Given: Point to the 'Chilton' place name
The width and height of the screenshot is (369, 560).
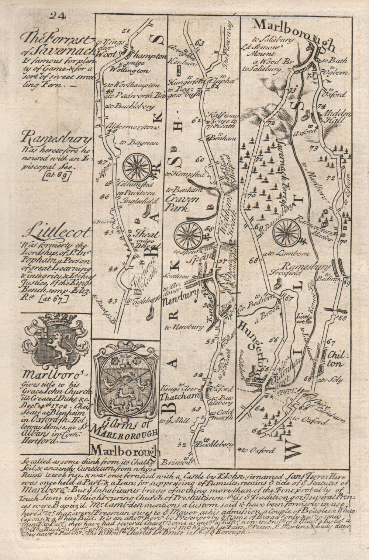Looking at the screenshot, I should [335, 360].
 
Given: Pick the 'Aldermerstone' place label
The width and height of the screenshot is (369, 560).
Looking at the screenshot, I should [133, 128].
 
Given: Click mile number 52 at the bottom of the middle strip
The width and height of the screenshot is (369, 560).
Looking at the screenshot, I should [181, 445].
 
